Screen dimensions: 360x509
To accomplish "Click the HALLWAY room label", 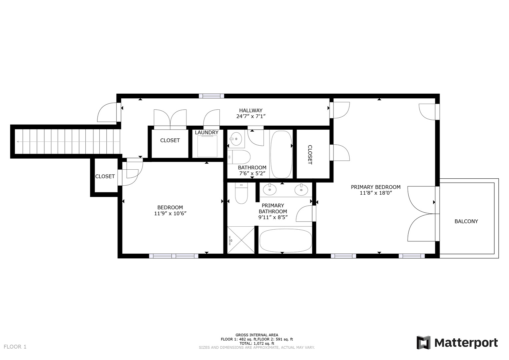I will pos(250,110).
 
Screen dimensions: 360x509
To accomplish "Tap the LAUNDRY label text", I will pos(206,133).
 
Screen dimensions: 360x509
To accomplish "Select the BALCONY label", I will pos(466,221).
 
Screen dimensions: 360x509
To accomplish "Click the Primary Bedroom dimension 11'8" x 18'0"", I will pos(375,193).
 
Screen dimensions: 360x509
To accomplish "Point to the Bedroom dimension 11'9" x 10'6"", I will pos(170,214).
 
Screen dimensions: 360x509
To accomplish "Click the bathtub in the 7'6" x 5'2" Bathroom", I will pos(281,154).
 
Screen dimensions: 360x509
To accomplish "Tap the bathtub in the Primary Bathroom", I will pos(286,240).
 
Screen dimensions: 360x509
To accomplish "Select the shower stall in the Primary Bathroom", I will pos(241,240).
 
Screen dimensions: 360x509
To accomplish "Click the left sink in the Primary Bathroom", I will pos(270,190).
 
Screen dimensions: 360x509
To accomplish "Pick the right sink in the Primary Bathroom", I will pos(301,190).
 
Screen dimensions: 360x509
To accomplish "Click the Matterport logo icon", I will pos(424,343).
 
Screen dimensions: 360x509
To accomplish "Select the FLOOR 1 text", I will pos(15,347).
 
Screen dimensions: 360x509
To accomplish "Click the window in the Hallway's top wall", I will pos(211,96).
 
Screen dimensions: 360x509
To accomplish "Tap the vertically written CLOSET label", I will pos(310,155).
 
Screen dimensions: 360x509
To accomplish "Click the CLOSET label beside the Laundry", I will pos(170,141).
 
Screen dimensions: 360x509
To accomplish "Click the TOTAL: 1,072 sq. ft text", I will pos(257,343).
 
